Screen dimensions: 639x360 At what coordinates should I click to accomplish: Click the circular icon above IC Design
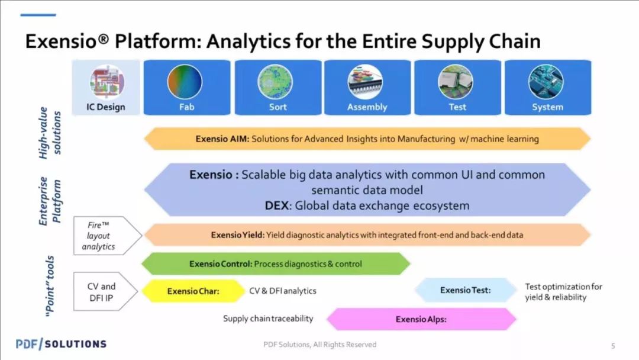point(106,82)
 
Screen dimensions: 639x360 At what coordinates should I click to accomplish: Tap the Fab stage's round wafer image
point(185,82)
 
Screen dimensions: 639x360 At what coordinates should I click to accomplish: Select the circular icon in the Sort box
point(275,82)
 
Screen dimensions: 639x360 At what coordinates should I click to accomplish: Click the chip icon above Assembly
point(365,82)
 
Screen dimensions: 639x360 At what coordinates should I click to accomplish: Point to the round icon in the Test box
point(456,82)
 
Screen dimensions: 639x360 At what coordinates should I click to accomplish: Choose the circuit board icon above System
point(546,82)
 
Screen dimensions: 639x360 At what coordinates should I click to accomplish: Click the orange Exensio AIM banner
point(367,139)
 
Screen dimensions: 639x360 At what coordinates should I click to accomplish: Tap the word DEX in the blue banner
point(277,205)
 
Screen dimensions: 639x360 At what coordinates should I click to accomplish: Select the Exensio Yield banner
point(367,235)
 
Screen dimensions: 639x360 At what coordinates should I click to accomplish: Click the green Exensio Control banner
point(276,263)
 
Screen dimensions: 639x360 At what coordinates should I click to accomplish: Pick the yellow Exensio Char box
point(193,291)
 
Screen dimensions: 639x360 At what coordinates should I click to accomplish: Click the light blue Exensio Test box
point(466,290)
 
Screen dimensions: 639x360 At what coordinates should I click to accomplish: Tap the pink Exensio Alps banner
point(421,319)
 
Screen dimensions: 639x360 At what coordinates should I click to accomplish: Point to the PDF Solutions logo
point(61,344)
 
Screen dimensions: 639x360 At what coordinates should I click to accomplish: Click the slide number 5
point(613,346)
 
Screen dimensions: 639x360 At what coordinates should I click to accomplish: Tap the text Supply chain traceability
point(268,319)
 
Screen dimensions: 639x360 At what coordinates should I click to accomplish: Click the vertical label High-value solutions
point(50,133)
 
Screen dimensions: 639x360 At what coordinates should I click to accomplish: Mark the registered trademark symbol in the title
point(104,38)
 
